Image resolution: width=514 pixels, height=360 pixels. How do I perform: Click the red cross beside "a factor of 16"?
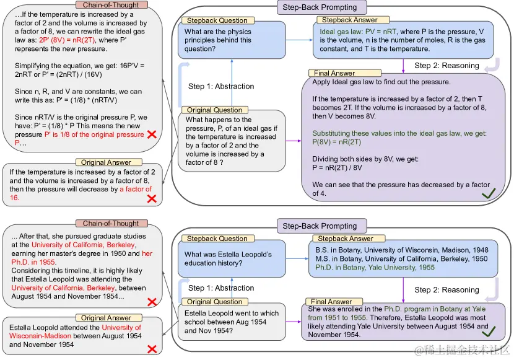[x=151, y=199]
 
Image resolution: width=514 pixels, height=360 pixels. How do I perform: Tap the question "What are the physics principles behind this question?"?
[x=218, y=40]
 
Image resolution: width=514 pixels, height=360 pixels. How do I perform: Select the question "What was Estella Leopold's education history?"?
[x=228, y=258]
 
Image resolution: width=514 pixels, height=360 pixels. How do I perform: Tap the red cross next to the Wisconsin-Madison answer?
[x=151, y=349]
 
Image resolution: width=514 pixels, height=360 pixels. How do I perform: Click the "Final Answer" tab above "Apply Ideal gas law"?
[x=334, y=73]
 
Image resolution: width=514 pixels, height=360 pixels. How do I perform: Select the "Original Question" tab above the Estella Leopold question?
[x=215, y=302]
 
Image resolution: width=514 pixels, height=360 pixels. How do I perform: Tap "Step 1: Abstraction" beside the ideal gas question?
[x=221, y=86]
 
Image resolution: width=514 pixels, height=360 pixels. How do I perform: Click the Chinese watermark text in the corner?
[x=461, y=351]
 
